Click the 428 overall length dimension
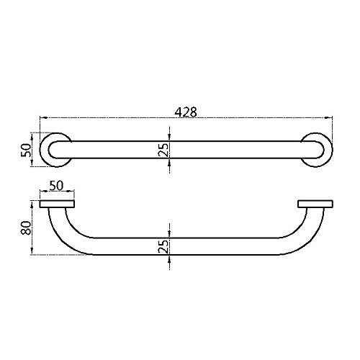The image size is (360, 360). [186, 112]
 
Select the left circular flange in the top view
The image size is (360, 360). [54, 150]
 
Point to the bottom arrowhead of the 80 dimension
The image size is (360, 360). [32, 253]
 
